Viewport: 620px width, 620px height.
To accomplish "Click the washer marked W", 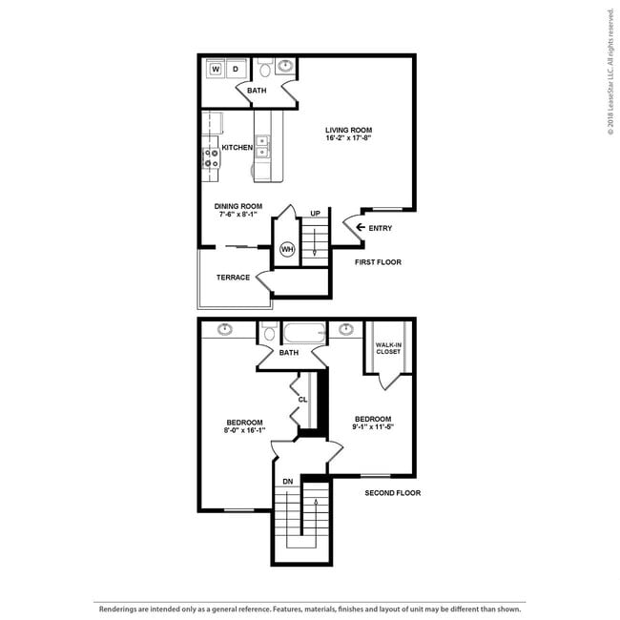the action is (x=216, y=69).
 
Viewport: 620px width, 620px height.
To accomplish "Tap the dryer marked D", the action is (x=236, y=69).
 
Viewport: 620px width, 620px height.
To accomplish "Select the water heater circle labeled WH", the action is (x=287, y=249).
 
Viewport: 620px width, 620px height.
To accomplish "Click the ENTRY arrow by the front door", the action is (x=361, y=227).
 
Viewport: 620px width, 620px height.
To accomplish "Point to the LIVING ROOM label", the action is (x=348, y=130).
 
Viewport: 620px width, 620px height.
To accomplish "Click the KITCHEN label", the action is (x=238, y=148).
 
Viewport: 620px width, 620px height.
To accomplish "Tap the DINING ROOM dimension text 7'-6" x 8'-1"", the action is (x=238, y=215).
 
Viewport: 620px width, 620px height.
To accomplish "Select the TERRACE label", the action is (x=233, y=278).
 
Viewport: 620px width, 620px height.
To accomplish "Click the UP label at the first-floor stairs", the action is (x=315, y=214).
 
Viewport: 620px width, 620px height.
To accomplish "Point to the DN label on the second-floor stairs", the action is (x=288, y=482).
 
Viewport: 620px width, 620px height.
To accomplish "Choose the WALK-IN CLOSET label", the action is (x=388, y=348).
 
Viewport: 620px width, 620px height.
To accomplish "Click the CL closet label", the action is (x=302, y=400).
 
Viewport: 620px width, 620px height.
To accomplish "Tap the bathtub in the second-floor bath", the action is (x=305, y=333).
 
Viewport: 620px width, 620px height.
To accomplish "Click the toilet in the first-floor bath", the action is (x=265, y=68).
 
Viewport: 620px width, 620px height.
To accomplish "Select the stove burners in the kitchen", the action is (x=211, y=157).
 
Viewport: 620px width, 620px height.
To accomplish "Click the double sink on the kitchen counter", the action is (x=262, y=146).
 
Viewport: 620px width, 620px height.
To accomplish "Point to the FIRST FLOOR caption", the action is (x=378, y=262).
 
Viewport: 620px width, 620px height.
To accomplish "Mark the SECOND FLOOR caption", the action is (x=393, y=493).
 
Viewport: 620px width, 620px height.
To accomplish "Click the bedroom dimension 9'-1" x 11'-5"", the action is (x=373, y=427).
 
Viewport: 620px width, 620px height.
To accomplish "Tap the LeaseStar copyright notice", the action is (x=610, y=72).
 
